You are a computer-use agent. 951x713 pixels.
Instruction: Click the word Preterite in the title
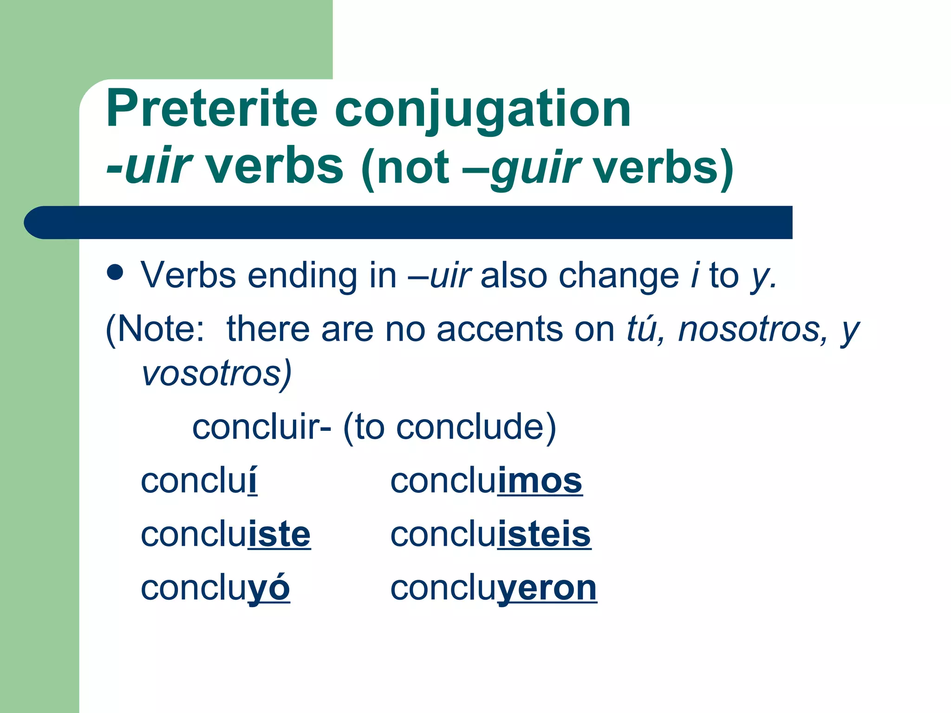pyautogui.click(x=212, y=109)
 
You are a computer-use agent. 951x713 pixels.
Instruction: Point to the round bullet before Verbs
pyautogui.click(x=115, y=272)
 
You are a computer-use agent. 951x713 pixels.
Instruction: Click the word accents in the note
pyautogui.click(x=500, y=330)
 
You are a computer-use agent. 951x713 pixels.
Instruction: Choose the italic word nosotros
pyautogui.click(x=752, y=330)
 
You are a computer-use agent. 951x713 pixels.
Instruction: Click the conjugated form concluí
pyautogui.click(x=199, y=481)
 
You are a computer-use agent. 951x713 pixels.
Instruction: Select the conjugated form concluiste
pyautogui.click(x=226, y=534)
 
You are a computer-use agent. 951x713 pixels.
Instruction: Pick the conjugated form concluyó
pyautogui.click(x=215, y=589)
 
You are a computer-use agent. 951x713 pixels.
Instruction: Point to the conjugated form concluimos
pyautogui.click(x=486, y=481)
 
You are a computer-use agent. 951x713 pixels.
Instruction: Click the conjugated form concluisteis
pyautogui.click(x=490, y=534)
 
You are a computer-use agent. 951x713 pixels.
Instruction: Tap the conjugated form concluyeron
pyautogui.click(x=493, y=589)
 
